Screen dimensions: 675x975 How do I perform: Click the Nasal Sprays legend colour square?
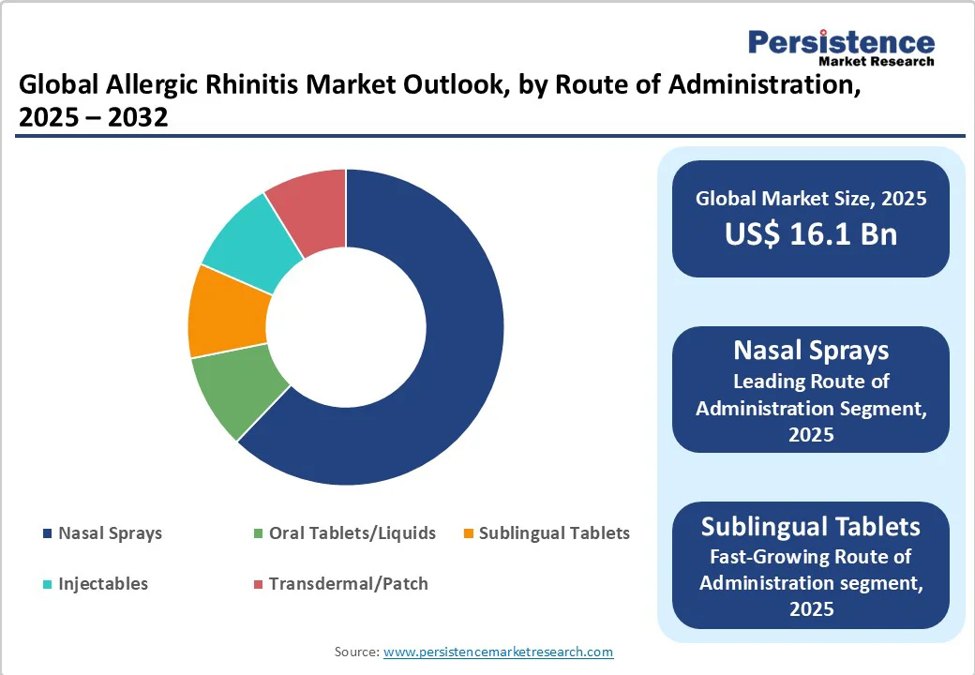click(47, 533)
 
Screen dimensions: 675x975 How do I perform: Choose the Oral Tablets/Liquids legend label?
click(352, 533)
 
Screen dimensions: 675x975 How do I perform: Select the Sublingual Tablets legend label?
click(554, 533)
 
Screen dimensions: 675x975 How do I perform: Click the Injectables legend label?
click(103, 584)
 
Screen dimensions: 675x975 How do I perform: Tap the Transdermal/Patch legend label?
click(348, 584)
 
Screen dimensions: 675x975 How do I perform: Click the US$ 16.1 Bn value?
click(810, 234)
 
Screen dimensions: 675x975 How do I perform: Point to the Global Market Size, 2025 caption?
click(810, 198)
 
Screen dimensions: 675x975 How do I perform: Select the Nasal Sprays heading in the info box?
click(810, 351)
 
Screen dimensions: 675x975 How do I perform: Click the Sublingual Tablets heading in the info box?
click(810, 526)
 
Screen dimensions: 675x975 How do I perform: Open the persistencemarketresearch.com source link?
click(498, 652)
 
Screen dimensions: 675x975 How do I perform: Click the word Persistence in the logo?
click(841, 43)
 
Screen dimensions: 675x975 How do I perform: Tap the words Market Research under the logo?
click(877, 62)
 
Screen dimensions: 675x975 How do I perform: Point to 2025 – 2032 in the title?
click(93, 117)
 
